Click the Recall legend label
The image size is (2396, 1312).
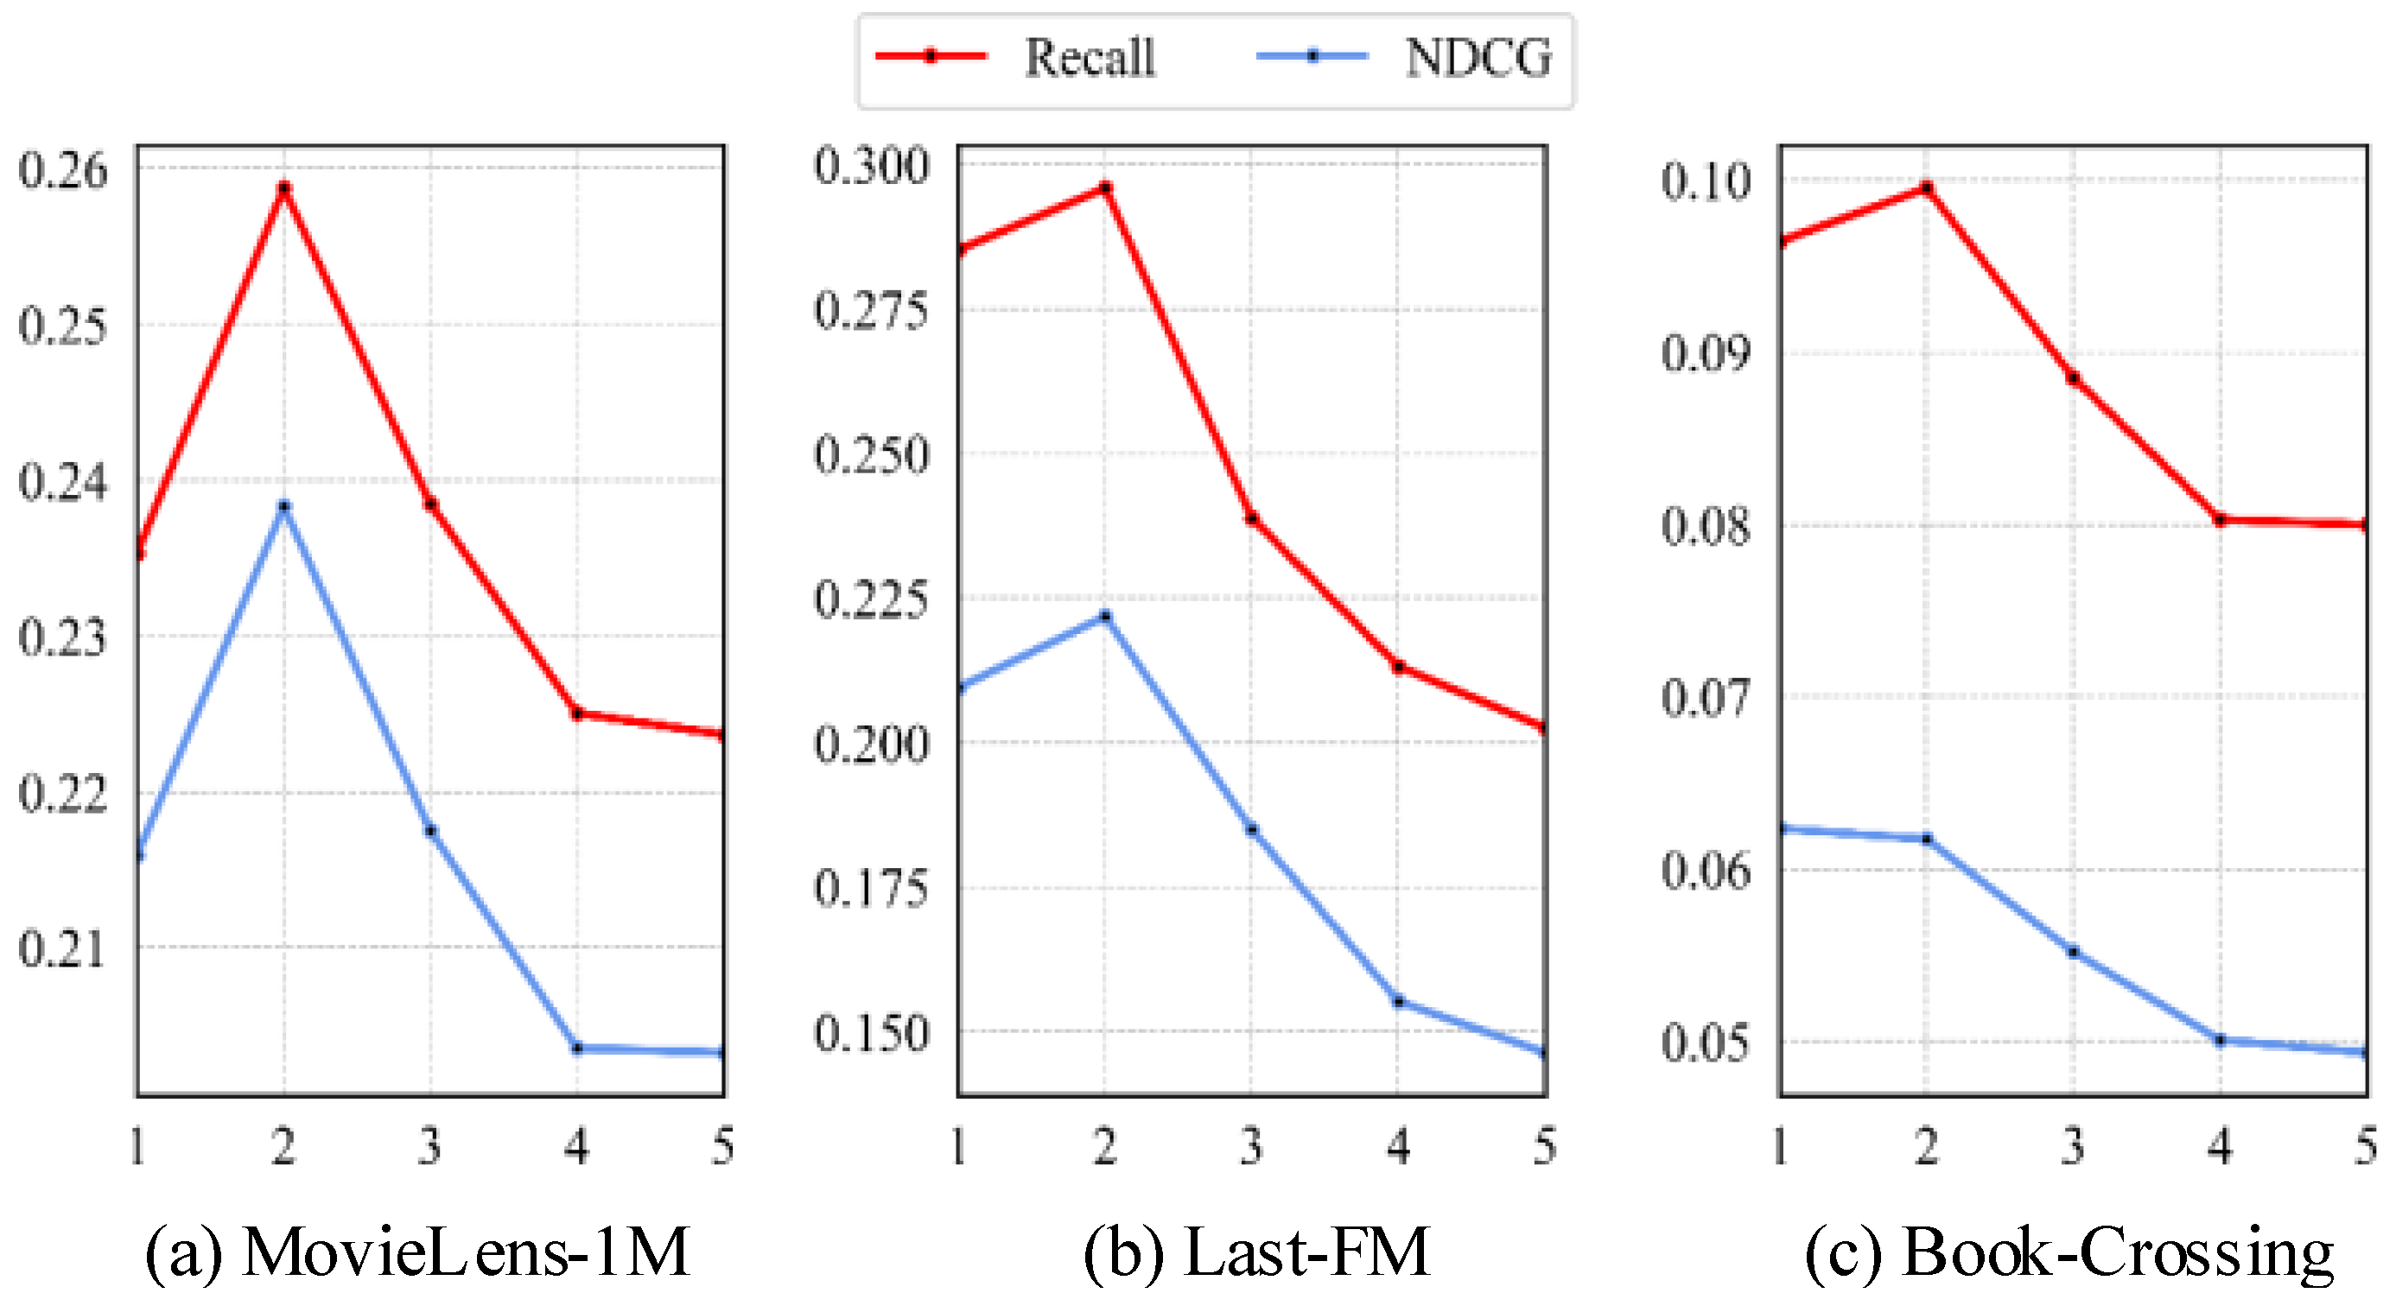click(1090, 58)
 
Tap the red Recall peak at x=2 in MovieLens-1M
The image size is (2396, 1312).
click(284, 187)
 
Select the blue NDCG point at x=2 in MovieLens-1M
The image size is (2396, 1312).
click(284, 506)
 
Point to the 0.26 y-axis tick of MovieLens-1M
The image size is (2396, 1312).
click(62, 170)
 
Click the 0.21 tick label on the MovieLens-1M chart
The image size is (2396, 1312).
click(62, 949)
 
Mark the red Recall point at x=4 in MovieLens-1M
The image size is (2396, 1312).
click(576, 713)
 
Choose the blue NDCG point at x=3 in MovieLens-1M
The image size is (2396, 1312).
click(430, 830)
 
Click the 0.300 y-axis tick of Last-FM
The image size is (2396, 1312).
click(871, 167)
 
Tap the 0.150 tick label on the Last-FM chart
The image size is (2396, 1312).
click(871, 1033)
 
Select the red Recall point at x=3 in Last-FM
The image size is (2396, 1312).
click(1252, 518)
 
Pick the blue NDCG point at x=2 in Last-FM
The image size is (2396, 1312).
click(1105, 616)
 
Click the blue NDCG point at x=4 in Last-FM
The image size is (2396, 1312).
click(1398, 1000)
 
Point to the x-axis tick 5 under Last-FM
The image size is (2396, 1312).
click(1544, 1145)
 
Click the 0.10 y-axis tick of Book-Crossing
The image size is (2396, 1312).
click(1705, 181)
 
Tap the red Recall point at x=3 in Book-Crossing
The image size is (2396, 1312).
click(2073, 377)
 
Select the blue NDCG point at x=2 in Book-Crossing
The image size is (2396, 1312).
click(1926, 839)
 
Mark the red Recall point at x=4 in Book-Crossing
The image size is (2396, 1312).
click(2221, 520)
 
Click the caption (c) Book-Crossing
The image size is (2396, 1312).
click(2069, 1252)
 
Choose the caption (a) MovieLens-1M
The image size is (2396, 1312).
click(417, 1252)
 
